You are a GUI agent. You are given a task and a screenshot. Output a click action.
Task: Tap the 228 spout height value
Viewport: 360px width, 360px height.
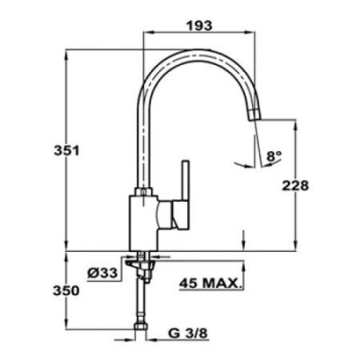pyautogui.click(x=296, y=185)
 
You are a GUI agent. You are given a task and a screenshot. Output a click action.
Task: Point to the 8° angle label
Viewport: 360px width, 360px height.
pyautogui.click(x=274, y=158)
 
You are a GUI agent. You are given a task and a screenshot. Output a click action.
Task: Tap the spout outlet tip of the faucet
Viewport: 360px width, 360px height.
pyautogui.click(x=254, y=118)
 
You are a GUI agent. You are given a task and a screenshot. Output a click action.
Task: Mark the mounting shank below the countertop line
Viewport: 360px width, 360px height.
pyautogui.click(x=143, y=266)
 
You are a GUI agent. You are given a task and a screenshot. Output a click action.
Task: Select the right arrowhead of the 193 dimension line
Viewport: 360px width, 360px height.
pyautogui.click(x=259, y=34)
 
